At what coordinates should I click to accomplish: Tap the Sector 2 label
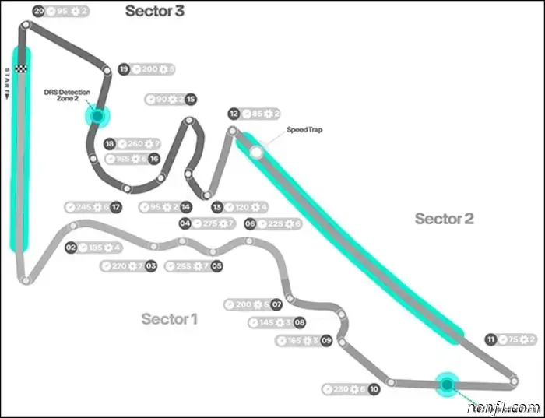(444, 219)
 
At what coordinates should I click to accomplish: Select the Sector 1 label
(170, 318)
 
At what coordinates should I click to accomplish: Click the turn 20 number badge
(39, 11)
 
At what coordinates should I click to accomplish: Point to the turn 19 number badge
(123, 69)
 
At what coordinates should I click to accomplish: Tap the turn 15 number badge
(191, 99)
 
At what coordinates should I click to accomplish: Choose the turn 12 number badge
(234, 114)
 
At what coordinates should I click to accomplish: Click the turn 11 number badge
(490, 339)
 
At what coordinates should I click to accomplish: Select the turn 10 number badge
(374, 388)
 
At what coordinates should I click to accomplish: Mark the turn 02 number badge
(71, 248)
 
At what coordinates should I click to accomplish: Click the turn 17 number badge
(115, 207)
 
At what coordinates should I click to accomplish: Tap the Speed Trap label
(304, 130)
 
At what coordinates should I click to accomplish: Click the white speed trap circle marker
(256, 153)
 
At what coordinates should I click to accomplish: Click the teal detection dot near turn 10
(446, 384)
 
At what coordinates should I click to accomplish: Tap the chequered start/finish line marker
(23, 58)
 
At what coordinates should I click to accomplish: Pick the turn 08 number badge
(299, 322)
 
